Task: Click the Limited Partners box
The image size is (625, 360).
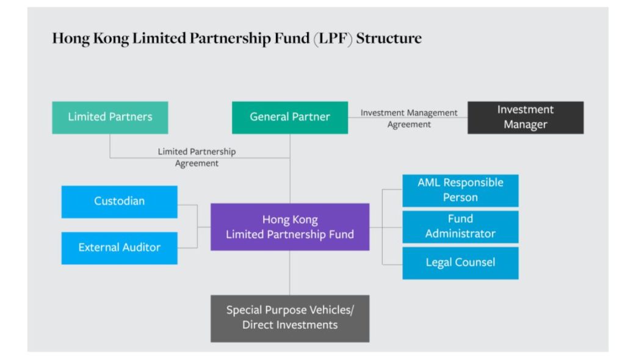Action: click(110, 117)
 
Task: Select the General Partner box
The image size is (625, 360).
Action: click(290, 117)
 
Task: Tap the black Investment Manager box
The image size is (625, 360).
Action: click(526, 117)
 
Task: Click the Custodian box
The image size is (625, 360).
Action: click(119, 201)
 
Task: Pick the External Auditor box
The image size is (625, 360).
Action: click(119, 248)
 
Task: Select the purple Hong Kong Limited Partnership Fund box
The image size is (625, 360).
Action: click(290, 227)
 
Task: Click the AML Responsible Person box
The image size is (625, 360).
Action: click(460, 190)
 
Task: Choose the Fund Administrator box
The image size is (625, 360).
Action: click(460, 226)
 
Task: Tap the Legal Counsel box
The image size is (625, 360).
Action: click(460, 263)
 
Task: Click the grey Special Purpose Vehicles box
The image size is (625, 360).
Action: click(290, 318)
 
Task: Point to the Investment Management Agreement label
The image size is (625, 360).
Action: click(408, 118)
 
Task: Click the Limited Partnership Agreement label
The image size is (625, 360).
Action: click(197, 157)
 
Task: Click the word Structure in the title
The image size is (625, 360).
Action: click(389, 38)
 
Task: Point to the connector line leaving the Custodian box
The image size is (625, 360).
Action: click(187, 206)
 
